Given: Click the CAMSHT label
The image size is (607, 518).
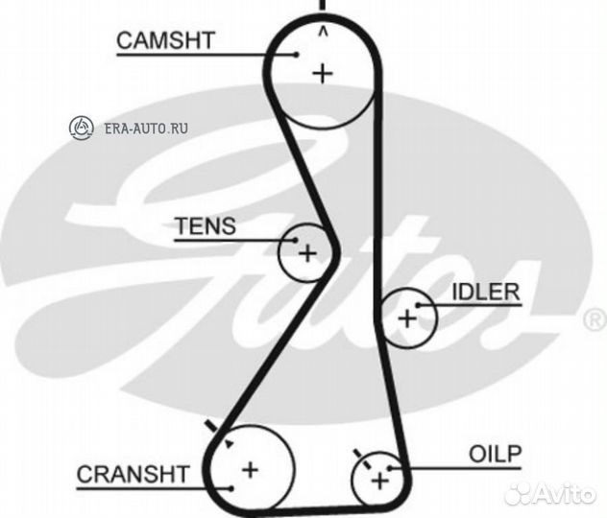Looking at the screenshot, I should [165, 40].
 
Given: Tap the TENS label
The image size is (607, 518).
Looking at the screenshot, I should [204, 227].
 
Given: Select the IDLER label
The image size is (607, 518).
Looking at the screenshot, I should [485, 292].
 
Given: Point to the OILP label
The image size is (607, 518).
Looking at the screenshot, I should [495, 452].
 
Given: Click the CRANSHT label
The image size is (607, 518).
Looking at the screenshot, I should [133, 473].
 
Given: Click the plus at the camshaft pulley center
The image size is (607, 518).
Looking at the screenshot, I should [323, 72].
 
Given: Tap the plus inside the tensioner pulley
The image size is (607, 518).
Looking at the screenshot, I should [306, 253].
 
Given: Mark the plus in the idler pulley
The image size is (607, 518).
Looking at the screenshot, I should [406, 317].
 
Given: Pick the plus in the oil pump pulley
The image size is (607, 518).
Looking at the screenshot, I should [379, 479].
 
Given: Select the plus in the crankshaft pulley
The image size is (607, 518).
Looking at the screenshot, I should [250, 469].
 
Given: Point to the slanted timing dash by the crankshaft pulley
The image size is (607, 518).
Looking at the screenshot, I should [210, 427].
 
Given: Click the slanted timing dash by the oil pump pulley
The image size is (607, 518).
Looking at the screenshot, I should [357, 453].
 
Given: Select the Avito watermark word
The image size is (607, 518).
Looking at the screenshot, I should [566, 493].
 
